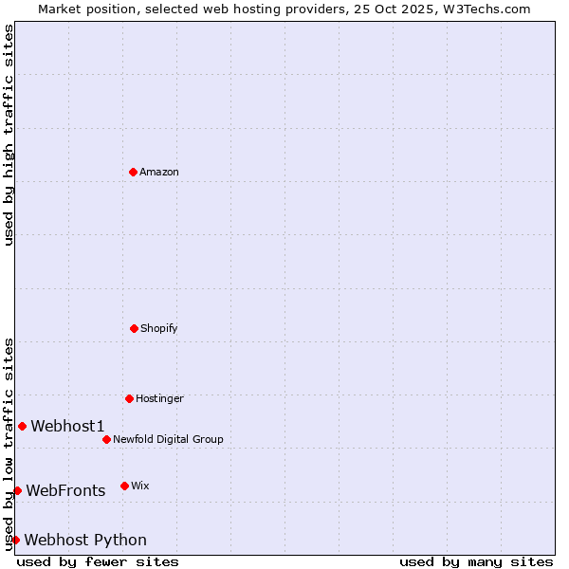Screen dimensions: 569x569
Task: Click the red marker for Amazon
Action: (134, 172)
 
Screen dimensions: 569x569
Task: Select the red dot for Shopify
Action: (134, 328)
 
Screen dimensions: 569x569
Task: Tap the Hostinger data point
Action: (129, 398)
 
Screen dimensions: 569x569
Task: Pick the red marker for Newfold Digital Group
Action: (106, 439)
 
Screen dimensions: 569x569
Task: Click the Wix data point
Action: (124, 486)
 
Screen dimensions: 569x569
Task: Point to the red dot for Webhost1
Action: (22, 426)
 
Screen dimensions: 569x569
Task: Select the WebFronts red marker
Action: (17, 490)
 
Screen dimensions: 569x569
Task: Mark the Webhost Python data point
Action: (15, 540)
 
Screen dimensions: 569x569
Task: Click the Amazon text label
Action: (159, 172)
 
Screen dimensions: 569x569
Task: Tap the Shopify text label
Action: (159, 328)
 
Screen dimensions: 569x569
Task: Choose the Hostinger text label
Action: (159, 398)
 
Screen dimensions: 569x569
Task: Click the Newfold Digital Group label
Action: (168, 439)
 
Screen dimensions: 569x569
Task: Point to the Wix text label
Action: (140, 486)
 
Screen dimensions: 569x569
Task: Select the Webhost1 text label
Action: (67, 426)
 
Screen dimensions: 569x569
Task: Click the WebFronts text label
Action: (65, 490)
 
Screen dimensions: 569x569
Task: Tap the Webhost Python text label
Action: (85, 540)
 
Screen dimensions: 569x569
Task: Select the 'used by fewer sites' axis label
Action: (98, 561)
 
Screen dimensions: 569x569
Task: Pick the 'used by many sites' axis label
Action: (476, 561)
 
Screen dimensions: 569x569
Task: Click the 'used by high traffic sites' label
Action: (9, 135)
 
